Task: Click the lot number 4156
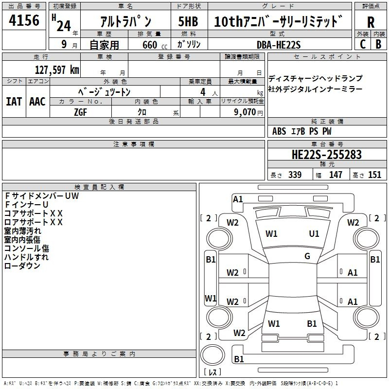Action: (x=24, y=20)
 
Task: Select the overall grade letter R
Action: (x=371, y=22)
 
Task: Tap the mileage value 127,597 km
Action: (x=57, y=70)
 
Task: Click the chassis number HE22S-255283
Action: (x=326, y=155)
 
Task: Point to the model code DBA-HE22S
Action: (x=279, y=45)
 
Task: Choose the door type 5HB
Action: (x=188, y=21)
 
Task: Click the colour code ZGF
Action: (x=80, y=112)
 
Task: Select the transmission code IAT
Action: (x=14, y=102)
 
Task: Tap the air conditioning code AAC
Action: (x=37, y=102)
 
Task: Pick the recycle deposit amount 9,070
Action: (x=245, y=112)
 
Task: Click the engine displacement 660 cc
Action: (x=155, y=45)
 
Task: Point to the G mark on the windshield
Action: (x=307, y=256)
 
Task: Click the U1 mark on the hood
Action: (x=314, y=234)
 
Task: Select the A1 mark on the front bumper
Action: (x=238, y=199)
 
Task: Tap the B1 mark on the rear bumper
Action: (x=239, y=359)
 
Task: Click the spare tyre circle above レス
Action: (x=212, y=355)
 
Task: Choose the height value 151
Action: (x=374, y=175)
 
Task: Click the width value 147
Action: (x=336, y=175)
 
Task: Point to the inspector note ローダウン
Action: (x=22, y=265)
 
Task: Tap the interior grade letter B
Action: (x=378, y=44)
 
